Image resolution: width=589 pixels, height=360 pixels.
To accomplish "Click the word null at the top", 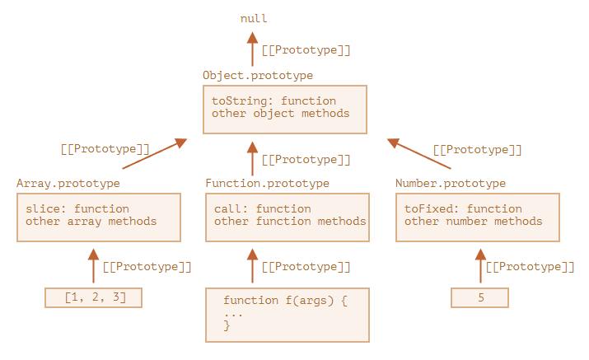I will pos(254,17).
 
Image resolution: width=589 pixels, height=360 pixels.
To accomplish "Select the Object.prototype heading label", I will pos(257,75).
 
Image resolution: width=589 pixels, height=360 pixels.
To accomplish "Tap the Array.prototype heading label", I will pos(68,183).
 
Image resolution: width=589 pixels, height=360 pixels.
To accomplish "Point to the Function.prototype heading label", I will pos(267,183).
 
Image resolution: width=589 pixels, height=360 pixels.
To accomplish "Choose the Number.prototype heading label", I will pos(451,183).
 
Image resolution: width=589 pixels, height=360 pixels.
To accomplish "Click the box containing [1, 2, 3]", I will pos(94,297).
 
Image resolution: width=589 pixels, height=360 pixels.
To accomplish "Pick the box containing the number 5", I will pos(480,297).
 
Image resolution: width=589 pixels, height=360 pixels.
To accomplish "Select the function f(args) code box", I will pos(287,314).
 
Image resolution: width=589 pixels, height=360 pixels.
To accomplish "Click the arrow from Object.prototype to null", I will pos(253,50).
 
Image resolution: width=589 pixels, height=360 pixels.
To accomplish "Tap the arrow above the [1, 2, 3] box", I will pos(93,265).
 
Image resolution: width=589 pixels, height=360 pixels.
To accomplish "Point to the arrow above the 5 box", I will pos(480,265).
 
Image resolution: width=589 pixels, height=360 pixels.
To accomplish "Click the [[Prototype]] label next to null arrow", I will pos(306,50).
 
